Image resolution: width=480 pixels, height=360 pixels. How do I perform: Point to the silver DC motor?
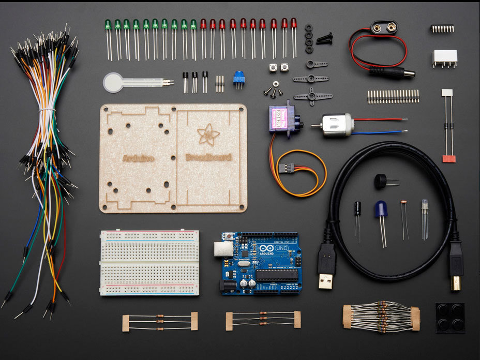[336, 125]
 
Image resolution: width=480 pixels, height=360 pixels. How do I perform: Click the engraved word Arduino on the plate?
[138, 158]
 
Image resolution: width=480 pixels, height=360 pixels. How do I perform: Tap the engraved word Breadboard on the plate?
[208, 157]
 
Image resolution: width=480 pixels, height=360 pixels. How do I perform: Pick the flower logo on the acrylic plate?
[208, 134]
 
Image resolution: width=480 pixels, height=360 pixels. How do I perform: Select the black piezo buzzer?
[381, 182]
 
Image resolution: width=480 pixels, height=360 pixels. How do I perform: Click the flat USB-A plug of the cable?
[326, 266]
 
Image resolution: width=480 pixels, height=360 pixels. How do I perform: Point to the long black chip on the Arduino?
[277, 275]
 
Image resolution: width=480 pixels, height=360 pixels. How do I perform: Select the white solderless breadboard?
[149, 263]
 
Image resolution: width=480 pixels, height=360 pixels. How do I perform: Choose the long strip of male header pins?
[393, 96]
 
